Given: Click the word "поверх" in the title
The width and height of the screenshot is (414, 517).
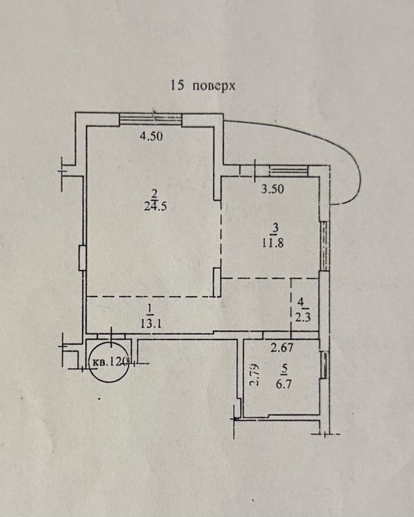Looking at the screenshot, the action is (214, 86).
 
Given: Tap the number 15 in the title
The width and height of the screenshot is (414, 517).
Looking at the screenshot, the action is (177, 85).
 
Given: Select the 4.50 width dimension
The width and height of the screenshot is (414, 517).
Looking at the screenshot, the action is (151, 136).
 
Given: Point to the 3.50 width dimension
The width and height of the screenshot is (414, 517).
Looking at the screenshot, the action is (272, 189).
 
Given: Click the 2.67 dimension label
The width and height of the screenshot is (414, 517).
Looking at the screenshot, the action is (282, 348).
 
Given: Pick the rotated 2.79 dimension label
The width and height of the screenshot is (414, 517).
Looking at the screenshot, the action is (254, 374).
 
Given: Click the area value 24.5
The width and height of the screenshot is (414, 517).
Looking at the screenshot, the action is (155, 206).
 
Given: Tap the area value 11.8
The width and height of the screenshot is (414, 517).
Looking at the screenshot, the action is (273, 243).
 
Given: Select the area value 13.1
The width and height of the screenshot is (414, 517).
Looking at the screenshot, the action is (151, 323).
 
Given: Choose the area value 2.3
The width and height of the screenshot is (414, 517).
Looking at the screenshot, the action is (303, 318).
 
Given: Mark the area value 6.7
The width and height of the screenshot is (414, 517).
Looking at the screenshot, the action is (284, 383).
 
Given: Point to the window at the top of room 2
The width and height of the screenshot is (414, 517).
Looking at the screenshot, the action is (150, 119).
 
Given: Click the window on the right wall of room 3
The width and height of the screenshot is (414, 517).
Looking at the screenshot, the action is (325, 246).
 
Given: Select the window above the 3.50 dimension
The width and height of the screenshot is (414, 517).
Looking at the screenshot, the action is (289, 171).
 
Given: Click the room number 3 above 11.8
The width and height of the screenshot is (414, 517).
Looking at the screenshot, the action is (276, 228).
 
